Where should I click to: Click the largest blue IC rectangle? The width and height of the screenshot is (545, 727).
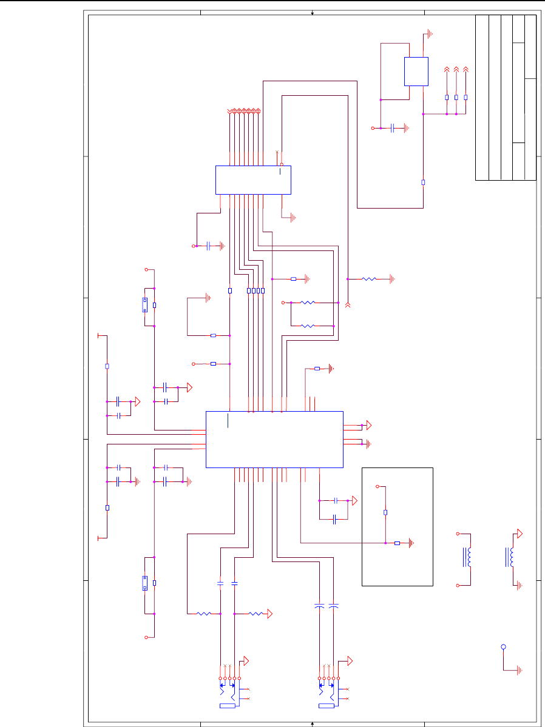274,439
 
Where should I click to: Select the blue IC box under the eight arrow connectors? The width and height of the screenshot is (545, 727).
253,179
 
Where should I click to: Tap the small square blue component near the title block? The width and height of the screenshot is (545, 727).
416,72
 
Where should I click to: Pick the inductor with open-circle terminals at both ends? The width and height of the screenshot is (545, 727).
468,558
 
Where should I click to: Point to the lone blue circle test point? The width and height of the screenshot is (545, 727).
503,647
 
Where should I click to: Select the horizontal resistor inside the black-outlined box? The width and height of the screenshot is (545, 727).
397,543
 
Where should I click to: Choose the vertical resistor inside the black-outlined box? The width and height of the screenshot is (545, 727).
385,512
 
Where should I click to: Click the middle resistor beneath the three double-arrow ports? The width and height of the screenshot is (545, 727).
456,97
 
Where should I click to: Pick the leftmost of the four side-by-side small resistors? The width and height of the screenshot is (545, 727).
249,291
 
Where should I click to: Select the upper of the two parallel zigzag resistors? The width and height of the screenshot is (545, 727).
308,303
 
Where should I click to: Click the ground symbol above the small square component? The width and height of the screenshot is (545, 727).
428,33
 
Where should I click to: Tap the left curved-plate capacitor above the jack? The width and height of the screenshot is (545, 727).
319,605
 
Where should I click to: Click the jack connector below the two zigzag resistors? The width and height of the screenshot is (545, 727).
229,691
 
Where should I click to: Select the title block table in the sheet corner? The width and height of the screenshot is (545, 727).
506,98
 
